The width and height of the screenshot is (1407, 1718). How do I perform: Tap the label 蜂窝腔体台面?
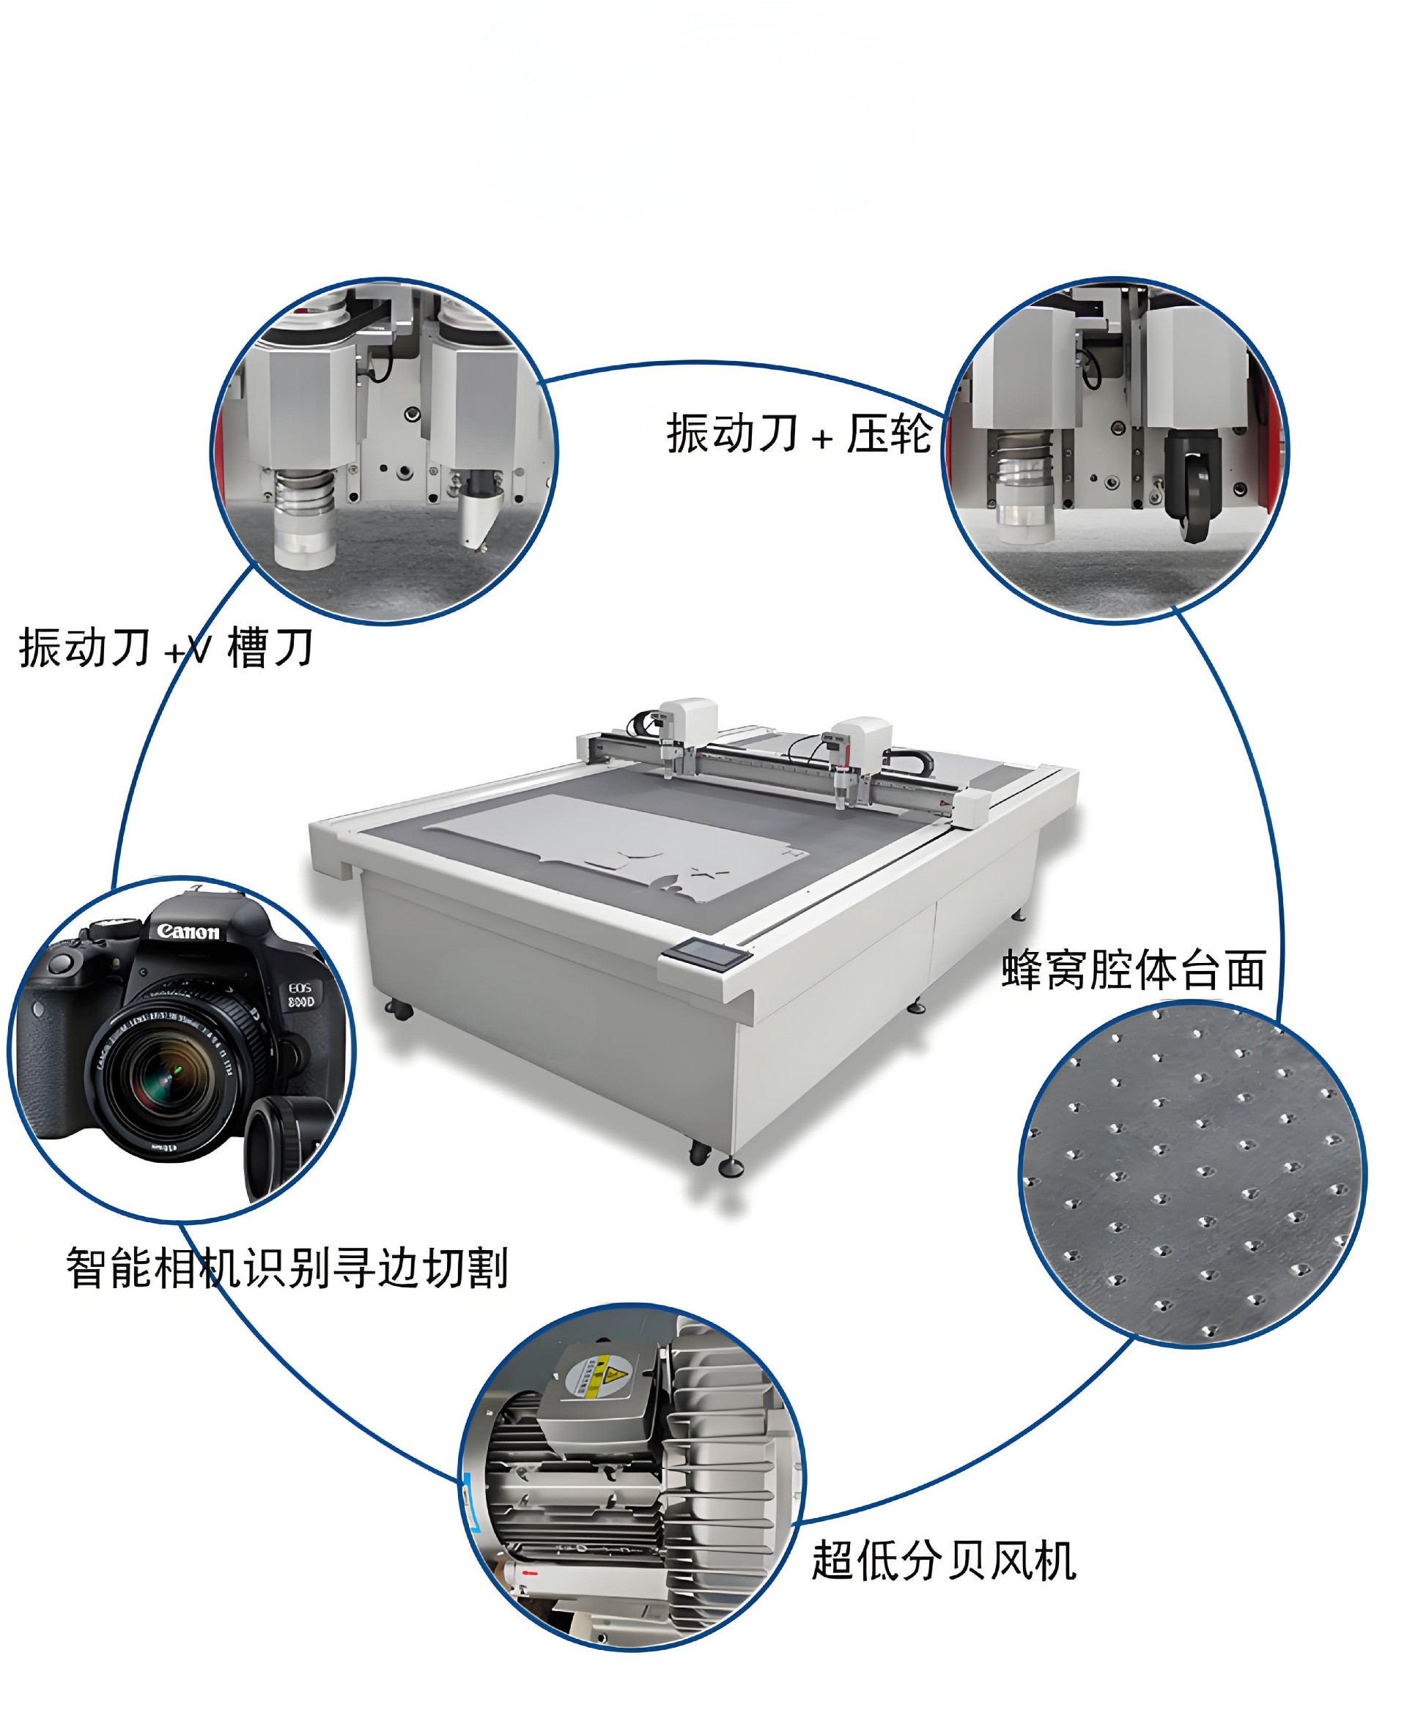pyautogui.click(x=1134, y=970)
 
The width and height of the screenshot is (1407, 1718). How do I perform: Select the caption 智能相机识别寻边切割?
pyautogui.click(x=287, y=1268)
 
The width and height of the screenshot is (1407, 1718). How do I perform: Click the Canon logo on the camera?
pyautogui.click(x=188, y=931)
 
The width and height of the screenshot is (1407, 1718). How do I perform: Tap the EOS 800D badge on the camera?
pyautogui.click(x=300, y=995)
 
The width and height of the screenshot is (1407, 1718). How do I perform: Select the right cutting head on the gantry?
pyautogui.click(x=854, y=757)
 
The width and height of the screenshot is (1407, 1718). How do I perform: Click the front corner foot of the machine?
pyautogui.click(x=730, y=1166)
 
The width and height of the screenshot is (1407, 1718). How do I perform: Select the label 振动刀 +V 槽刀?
pyautogui.click(x=166, y=648)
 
